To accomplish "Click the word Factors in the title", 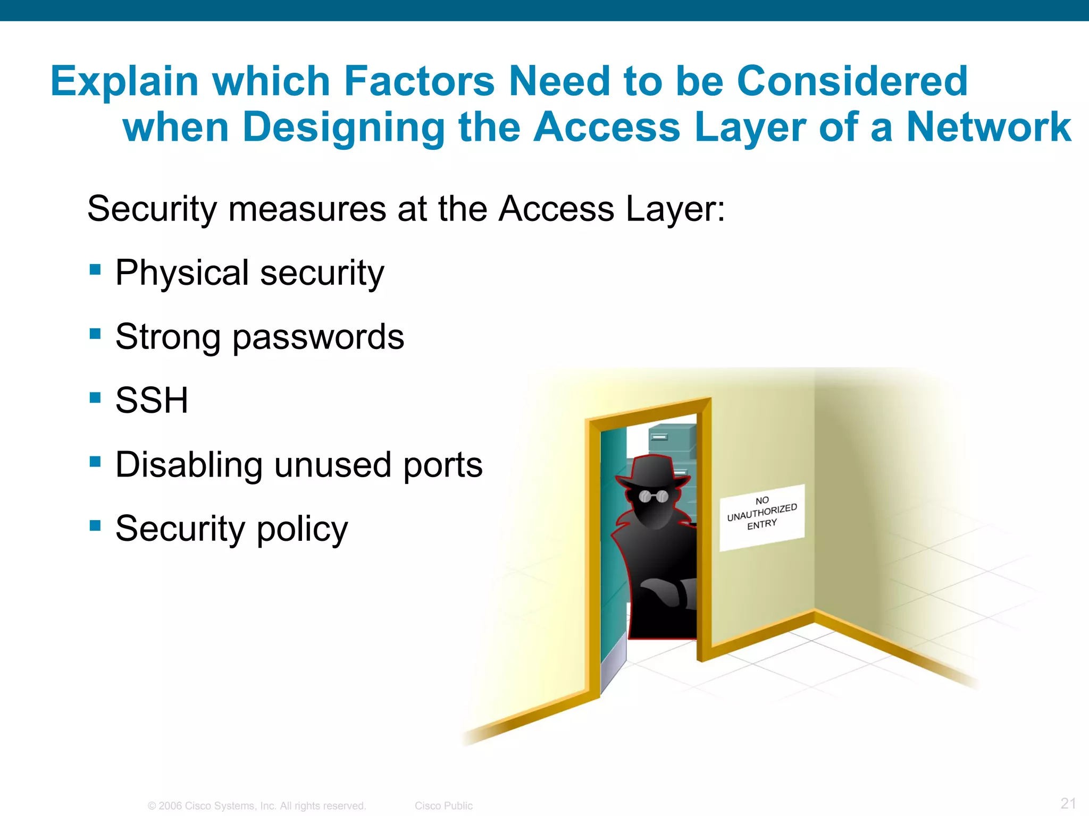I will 419,81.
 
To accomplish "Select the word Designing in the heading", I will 344,127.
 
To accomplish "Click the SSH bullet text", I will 152,400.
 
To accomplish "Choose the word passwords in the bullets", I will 318,337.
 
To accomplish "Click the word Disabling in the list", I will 189,464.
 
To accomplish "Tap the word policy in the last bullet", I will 302,529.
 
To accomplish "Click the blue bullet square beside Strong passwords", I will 96,334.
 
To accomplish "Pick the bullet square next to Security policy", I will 96,525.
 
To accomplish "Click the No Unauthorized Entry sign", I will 761,516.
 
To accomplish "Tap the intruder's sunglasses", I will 654,497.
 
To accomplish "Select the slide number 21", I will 1068,803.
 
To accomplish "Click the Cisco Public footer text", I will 443,805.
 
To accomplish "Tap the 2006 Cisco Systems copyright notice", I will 257,805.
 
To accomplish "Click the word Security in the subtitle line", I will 152,209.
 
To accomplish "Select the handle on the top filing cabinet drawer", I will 659,437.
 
